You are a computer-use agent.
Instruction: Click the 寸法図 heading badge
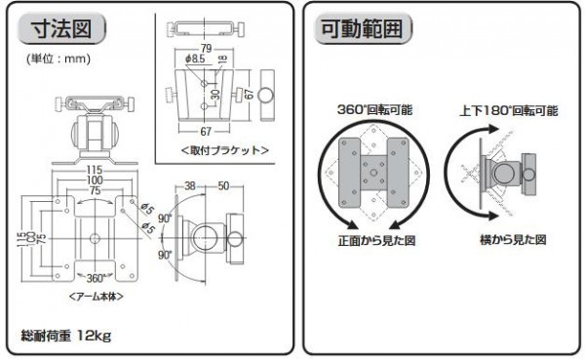61,28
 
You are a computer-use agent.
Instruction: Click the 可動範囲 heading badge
363,28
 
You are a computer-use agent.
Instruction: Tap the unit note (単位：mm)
58,59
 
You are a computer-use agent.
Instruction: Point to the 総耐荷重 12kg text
66,336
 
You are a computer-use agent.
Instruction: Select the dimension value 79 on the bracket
206,48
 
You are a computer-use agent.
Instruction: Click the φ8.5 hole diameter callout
195,59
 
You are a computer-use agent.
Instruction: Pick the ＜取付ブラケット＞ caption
225,150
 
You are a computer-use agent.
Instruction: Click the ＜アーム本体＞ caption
97,297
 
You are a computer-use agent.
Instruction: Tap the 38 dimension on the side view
190,185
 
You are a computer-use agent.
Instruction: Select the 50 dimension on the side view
223,185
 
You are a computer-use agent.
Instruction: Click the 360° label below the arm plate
95,278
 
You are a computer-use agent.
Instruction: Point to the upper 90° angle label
165,219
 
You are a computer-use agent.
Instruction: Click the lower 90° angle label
165,255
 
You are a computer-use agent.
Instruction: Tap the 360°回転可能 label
374,110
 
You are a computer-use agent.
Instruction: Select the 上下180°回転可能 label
509,111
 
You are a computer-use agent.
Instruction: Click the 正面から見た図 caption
376,241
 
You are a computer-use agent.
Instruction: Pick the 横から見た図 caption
513,239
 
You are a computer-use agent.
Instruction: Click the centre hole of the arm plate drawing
95,238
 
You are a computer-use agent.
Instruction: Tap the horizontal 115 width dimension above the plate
95,170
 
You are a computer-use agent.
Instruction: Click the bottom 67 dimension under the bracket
206,132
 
